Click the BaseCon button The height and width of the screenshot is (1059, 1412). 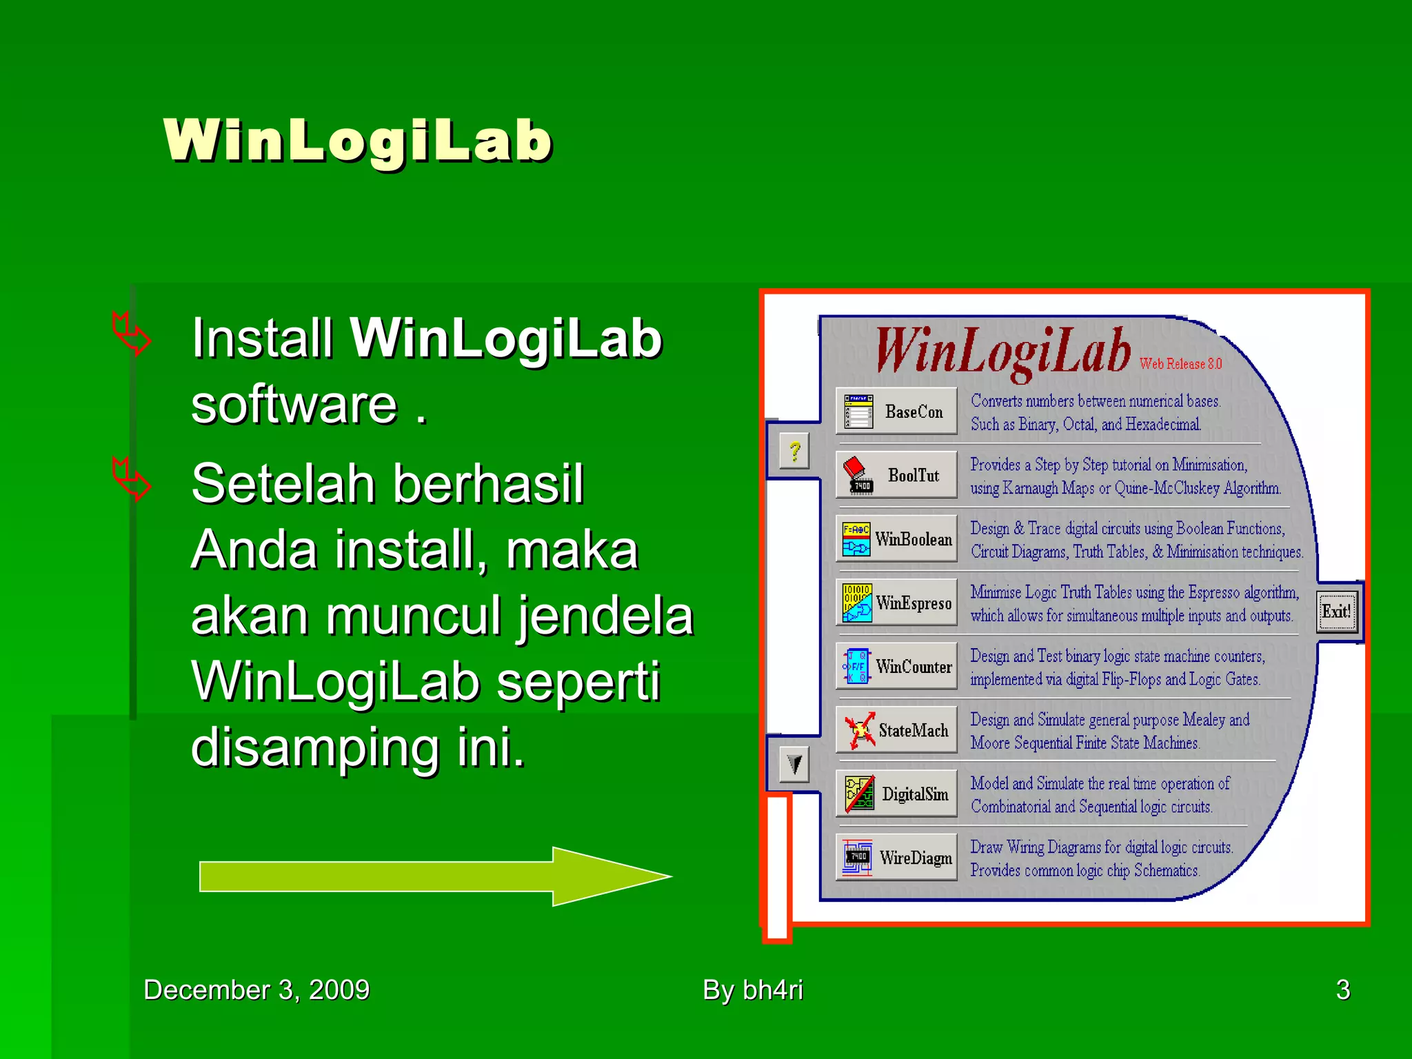click(896, 412)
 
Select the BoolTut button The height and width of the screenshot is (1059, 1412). click(896, 475)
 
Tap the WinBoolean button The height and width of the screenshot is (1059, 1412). click(896, 539)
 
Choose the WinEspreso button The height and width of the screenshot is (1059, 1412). click(896, 603)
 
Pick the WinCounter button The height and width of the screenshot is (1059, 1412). click(896, 667)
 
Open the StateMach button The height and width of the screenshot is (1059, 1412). click(896, 730)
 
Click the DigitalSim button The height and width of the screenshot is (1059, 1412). click(896, 794)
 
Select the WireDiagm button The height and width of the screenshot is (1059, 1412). click(896, 858)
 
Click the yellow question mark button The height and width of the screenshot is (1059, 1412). click(794, 452)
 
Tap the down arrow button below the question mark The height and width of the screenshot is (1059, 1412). click(794, 764)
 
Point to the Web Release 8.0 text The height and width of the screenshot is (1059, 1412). click(1180, 363)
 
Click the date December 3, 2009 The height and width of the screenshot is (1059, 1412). click(256, 990)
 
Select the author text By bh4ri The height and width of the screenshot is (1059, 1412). click(753, 990)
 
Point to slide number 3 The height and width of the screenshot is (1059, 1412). click(1342, 990)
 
